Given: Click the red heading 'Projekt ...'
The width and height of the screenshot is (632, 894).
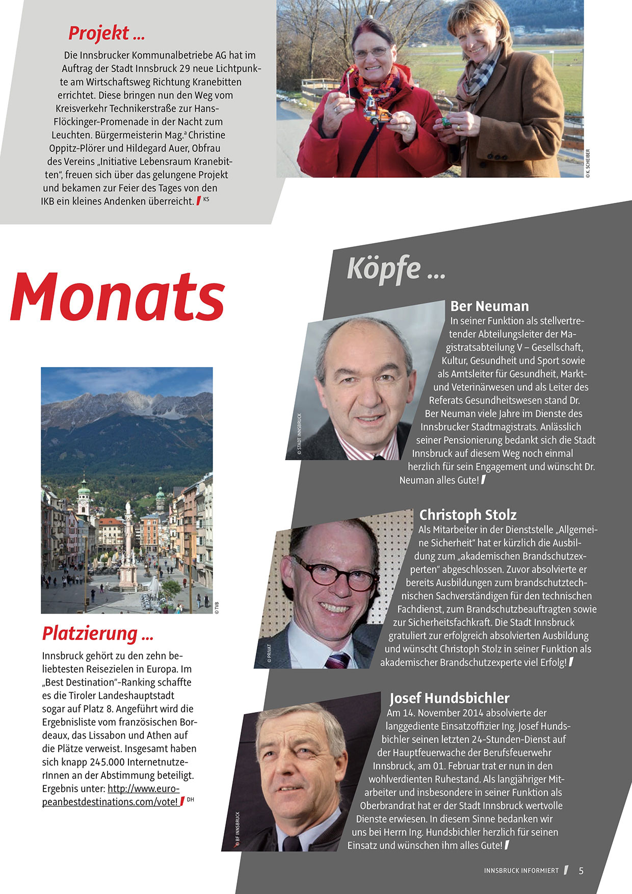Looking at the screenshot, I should point(107,33).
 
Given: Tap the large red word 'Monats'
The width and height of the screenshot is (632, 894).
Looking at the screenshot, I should point(118,297).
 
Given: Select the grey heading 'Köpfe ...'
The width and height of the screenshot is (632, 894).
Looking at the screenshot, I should point(396,269).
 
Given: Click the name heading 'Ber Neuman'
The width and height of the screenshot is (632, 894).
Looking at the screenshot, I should point(489,306).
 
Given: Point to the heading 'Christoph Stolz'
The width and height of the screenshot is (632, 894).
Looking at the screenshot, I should point(468,515).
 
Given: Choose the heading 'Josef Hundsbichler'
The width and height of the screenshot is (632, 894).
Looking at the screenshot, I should point(450,698).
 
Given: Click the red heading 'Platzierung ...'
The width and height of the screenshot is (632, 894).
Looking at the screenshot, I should point(97,634).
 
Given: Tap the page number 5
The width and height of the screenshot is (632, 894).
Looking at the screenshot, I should point(581,871).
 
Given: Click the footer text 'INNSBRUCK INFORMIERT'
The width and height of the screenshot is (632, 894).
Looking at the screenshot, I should point(521,871).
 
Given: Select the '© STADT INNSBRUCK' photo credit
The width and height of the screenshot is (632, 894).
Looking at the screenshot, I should point(300,433).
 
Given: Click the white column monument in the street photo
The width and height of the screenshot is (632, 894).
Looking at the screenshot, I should point(127,540).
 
